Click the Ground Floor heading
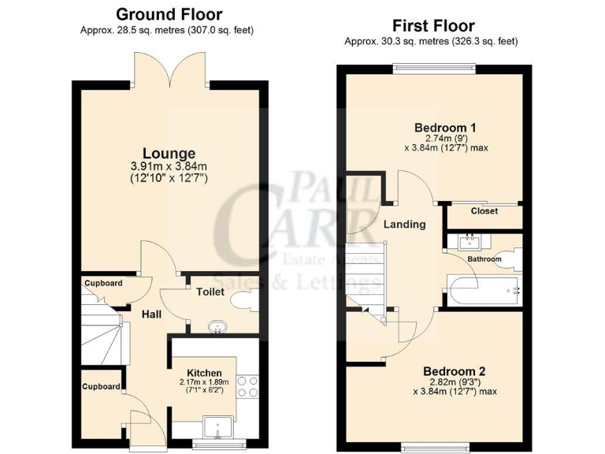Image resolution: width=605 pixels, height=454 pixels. pos(169,14)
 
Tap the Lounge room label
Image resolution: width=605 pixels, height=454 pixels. pos(169,152)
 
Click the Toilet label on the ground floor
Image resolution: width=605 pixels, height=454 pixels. pos(210,292)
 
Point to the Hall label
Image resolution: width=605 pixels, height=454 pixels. pos(151,314)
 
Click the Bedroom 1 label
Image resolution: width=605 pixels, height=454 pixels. pos(445,127)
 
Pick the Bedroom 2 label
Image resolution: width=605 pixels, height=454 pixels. pos(454,371)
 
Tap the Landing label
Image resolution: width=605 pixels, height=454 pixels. pos(404,224)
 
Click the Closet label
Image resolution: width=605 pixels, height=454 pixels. pos(484,211)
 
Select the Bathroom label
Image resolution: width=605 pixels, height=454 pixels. pos(484,259)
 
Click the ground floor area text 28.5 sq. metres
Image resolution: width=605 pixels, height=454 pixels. pos(166,30)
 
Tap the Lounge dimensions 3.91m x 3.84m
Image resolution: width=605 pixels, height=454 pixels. pos(169,166)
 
